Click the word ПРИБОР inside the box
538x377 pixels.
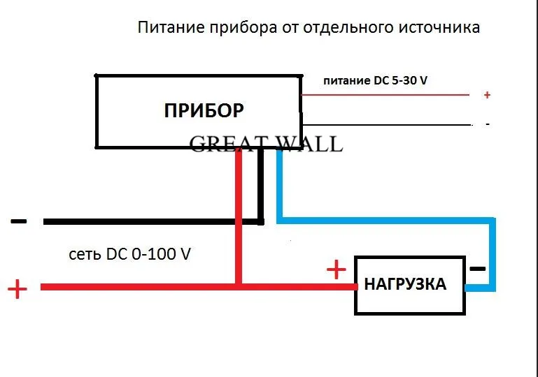click(204, 110)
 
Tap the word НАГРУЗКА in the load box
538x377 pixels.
click(405, 284)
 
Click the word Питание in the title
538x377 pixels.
click(167, 29)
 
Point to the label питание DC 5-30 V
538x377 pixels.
click(375, 81)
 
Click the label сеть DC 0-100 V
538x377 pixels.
click(129, 254)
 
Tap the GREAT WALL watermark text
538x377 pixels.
click(267, 144)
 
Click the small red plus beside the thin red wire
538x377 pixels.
click(487, 95)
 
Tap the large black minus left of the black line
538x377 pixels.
click(19, 222)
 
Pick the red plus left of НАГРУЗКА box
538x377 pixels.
click(337, 269)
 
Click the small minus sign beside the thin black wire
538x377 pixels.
click(487, 124)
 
